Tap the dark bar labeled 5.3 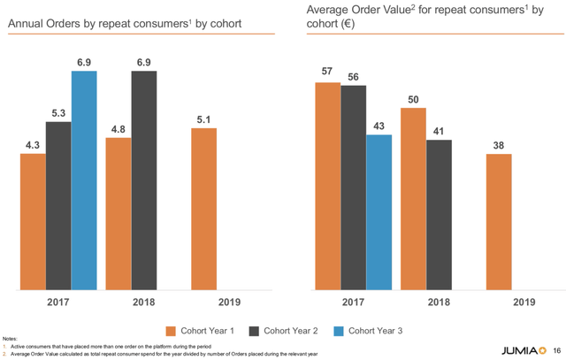click(x=58, y=205)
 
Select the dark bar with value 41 click(x=438, y=214)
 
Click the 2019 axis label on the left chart click(x=203, y=301)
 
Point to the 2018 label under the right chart click(x=425, y=301)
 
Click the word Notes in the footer click(x=10, y=339)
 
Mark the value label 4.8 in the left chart click(x=118, y=129)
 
